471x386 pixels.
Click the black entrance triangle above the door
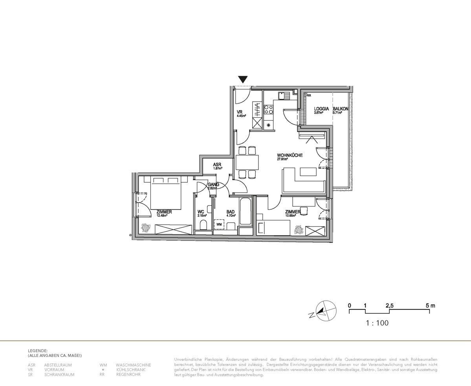[243, 79]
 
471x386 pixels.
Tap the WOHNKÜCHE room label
[290, 155]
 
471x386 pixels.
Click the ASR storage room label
[217, 165]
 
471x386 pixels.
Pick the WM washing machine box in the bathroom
[219, 225]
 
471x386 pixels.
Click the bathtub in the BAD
[245, 212]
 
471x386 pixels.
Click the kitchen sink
[282, 96]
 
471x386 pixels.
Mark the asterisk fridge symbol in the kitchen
[269, 125]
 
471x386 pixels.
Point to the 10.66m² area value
[291, 216]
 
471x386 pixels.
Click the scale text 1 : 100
[377, 323]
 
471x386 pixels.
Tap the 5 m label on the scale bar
[430, 306]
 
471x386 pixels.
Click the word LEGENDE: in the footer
[38, 350]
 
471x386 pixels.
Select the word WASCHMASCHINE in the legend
[133, 365]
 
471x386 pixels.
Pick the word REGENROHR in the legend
[128, 375]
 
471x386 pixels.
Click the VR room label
[240, 112]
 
